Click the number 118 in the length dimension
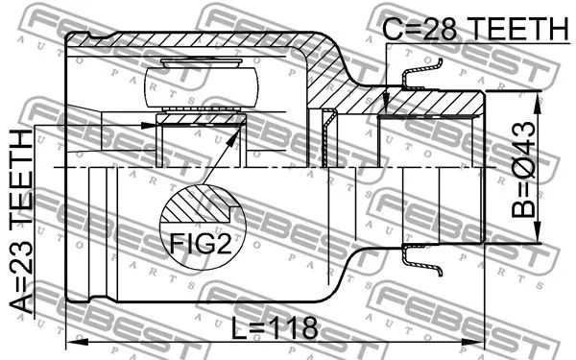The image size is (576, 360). click(292, 328)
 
